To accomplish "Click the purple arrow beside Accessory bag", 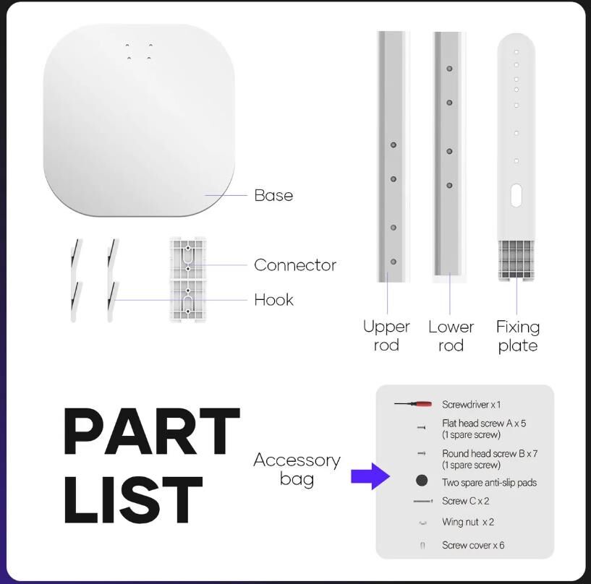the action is click(370, 476).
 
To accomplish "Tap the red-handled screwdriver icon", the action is click(413, 404).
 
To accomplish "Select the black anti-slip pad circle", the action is click(422, 480).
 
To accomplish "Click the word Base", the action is click(273, 195).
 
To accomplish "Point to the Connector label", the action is click(295, 265).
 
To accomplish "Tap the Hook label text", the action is click(273, 300).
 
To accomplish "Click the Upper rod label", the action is click(386, 336).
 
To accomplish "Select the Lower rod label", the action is click(451, 336).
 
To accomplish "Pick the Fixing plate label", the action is click(518, 336).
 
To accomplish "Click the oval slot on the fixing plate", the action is click(516, 195).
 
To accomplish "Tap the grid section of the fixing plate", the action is click(516, 259).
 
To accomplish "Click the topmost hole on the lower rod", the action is click(449, 69).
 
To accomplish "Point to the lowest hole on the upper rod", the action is click(393, 262).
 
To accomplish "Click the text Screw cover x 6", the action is click(473, 545).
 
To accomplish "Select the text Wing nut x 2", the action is click(468, 522).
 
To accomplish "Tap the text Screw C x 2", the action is click(465, 501).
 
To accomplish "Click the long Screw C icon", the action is click(423, 501).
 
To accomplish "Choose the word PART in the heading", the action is click(152, 431).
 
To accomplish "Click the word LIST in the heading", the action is click(133, 500).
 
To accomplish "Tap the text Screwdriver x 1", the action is click(471, 405).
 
